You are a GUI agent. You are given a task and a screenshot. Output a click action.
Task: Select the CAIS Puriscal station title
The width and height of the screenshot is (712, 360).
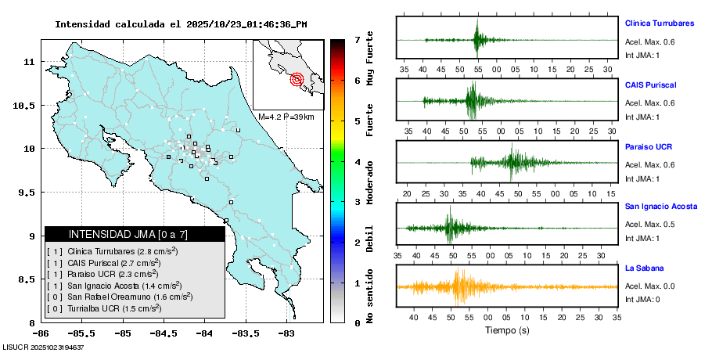click(x=650, y=85)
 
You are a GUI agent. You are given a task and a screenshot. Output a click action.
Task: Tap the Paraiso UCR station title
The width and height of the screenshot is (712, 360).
click(x=649, y=146)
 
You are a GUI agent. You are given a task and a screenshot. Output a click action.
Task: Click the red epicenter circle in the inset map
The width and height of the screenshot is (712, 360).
click(x=297, y=78)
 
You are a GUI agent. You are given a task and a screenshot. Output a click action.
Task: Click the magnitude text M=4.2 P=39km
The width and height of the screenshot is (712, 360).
click(x=286, y=117)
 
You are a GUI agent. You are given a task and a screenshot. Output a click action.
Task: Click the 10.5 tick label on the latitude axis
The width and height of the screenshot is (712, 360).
click(x=29, y=106)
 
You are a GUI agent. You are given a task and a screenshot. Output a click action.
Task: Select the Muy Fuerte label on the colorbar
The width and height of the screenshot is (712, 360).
click(x=369, y=59)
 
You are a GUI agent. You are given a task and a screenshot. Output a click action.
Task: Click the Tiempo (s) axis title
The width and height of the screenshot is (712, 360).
click(x=508, y=330)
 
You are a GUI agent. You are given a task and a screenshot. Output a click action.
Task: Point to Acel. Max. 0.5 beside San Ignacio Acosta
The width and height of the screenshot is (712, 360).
click(x=649, y=225)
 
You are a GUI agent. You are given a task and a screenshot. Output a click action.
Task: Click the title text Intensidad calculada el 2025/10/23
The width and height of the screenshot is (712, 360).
click(x=181, y=24)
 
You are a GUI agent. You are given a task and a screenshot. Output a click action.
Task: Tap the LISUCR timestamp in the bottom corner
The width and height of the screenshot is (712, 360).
click(x=44, y=347)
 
